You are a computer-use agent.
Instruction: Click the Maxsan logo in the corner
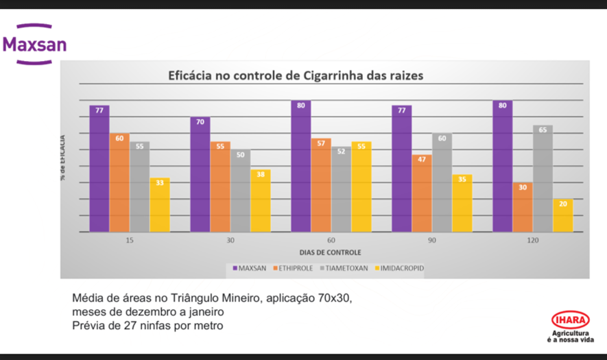[x=34, y=44]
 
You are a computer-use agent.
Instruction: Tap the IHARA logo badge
[x=569, y=320]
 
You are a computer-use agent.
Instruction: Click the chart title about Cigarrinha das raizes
[x=296, y=75]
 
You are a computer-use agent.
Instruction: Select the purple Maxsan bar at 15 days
[x=99, y=169]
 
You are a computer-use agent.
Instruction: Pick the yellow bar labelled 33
[x=160, y=205]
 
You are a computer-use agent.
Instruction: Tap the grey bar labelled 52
[x=341, y=189]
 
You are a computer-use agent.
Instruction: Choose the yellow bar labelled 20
[x=563, y=215]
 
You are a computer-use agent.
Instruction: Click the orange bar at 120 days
[x=523, y=207]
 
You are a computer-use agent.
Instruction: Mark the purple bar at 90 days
[x=402, y=169]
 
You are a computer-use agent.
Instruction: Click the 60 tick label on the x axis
[x=331, y=241]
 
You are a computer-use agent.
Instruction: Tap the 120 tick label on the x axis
[x=533, y=241]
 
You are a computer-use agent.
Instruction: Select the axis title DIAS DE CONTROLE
[x=331, y=252]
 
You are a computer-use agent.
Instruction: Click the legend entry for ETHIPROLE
[x=294, y=268]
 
